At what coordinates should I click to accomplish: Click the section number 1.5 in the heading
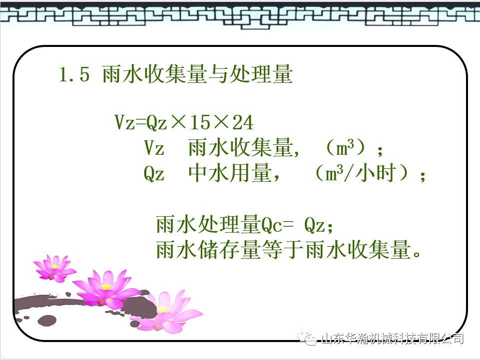click(x=74, y=75)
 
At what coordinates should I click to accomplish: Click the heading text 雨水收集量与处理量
click(x=197, y=75)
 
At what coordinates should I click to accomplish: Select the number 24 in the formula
click(x=242, y=122)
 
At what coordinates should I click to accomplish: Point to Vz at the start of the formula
click(x=124, y=122)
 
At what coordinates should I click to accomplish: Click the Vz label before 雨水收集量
click(x=154, y=148)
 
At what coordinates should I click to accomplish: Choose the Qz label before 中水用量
click(x=154, y=174)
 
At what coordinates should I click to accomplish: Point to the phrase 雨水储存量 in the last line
click(x=208, y=250)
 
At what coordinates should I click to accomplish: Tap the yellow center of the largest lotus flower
click(x=106, y=287)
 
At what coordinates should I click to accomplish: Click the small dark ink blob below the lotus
click(x=47, y=320)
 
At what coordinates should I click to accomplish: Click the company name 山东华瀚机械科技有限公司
click(x=392, y=339)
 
